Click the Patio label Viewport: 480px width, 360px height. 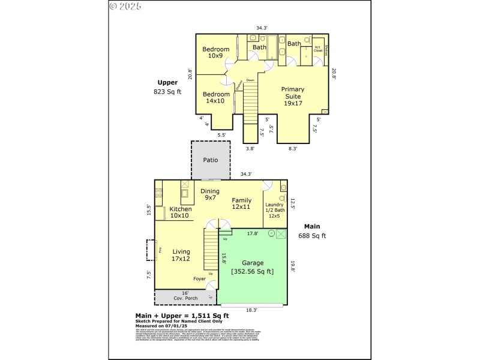tap(210, 160)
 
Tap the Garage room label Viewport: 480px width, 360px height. tap(253, 263)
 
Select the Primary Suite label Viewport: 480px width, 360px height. tap(293, 96)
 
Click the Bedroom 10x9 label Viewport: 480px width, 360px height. tap(215, 52)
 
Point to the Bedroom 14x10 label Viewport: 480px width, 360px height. tap(216, 97)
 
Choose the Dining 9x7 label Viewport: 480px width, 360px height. tap(210, 194)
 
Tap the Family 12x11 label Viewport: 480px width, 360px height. tap(241, 203)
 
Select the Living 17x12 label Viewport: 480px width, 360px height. tap(181, 255)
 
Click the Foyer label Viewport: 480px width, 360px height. tap(200, 279)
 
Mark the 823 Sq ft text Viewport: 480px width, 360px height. tap(167, 92)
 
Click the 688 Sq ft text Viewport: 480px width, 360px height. tap(312, 236)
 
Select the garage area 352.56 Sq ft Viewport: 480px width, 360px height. tap(253, 271)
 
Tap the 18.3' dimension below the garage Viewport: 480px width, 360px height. tap(252, 310)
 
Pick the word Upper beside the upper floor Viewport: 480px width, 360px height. tap(167, 83)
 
